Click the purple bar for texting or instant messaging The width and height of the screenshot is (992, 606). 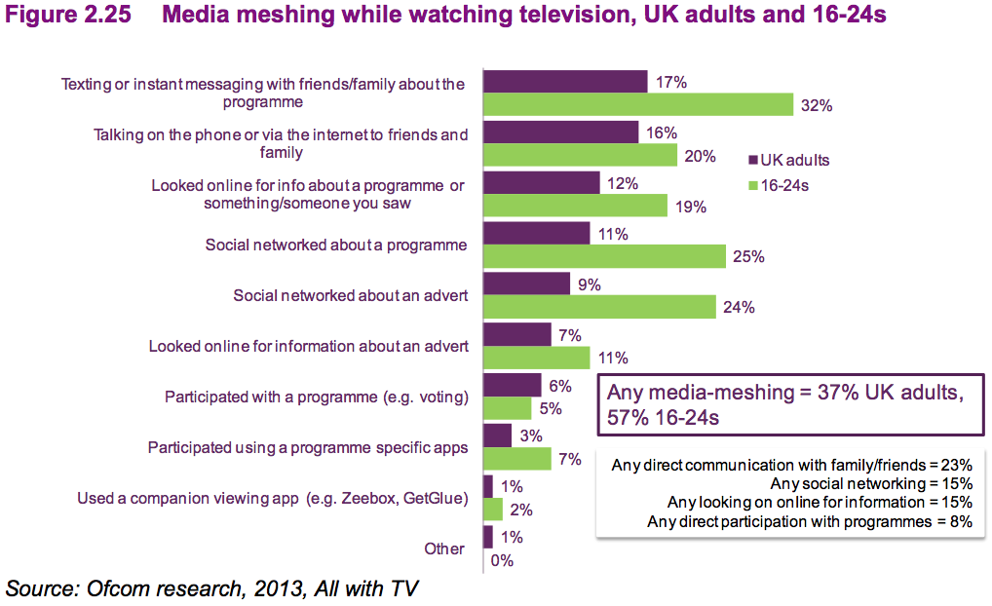tap(565, 82)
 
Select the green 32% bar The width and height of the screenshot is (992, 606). tap(638, 105)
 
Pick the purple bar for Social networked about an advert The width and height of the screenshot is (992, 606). tap(526, 284)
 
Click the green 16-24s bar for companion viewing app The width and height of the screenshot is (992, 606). tap(493, 509)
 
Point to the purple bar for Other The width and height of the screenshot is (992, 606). tap(487, 537)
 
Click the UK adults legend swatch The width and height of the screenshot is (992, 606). tap(751, 160)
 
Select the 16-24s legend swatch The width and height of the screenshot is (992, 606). tap(751, 183)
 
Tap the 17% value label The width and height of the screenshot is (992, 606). tap(671, 83)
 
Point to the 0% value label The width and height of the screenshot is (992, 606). tap(502, 560)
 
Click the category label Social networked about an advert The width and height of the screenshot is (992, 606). tap(351, 295)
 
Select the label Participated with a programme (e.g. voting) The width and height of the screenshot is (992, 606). tap(317, 397)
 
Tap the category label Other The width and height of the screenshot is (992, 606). tap(444, 549)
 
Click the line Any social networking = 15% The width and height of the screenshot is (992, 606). tap(870, 483)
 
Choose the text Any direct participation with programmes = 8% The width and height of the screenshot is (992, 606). tap(809, 522)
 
